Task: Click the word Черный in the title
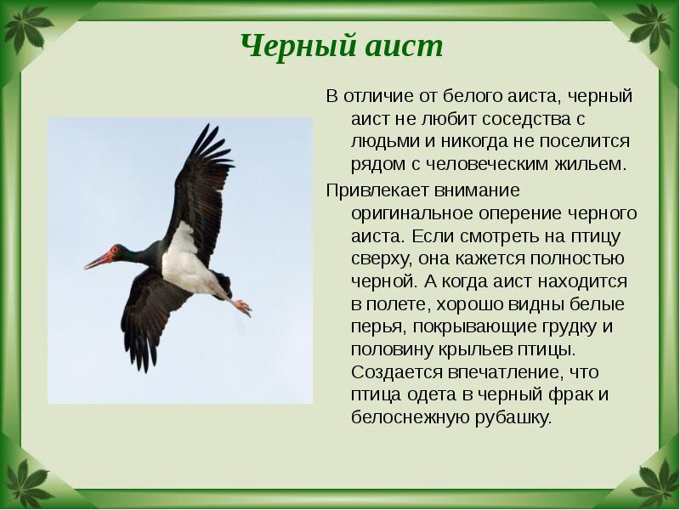(289, 46)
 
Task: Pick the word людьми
(378, 141)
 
